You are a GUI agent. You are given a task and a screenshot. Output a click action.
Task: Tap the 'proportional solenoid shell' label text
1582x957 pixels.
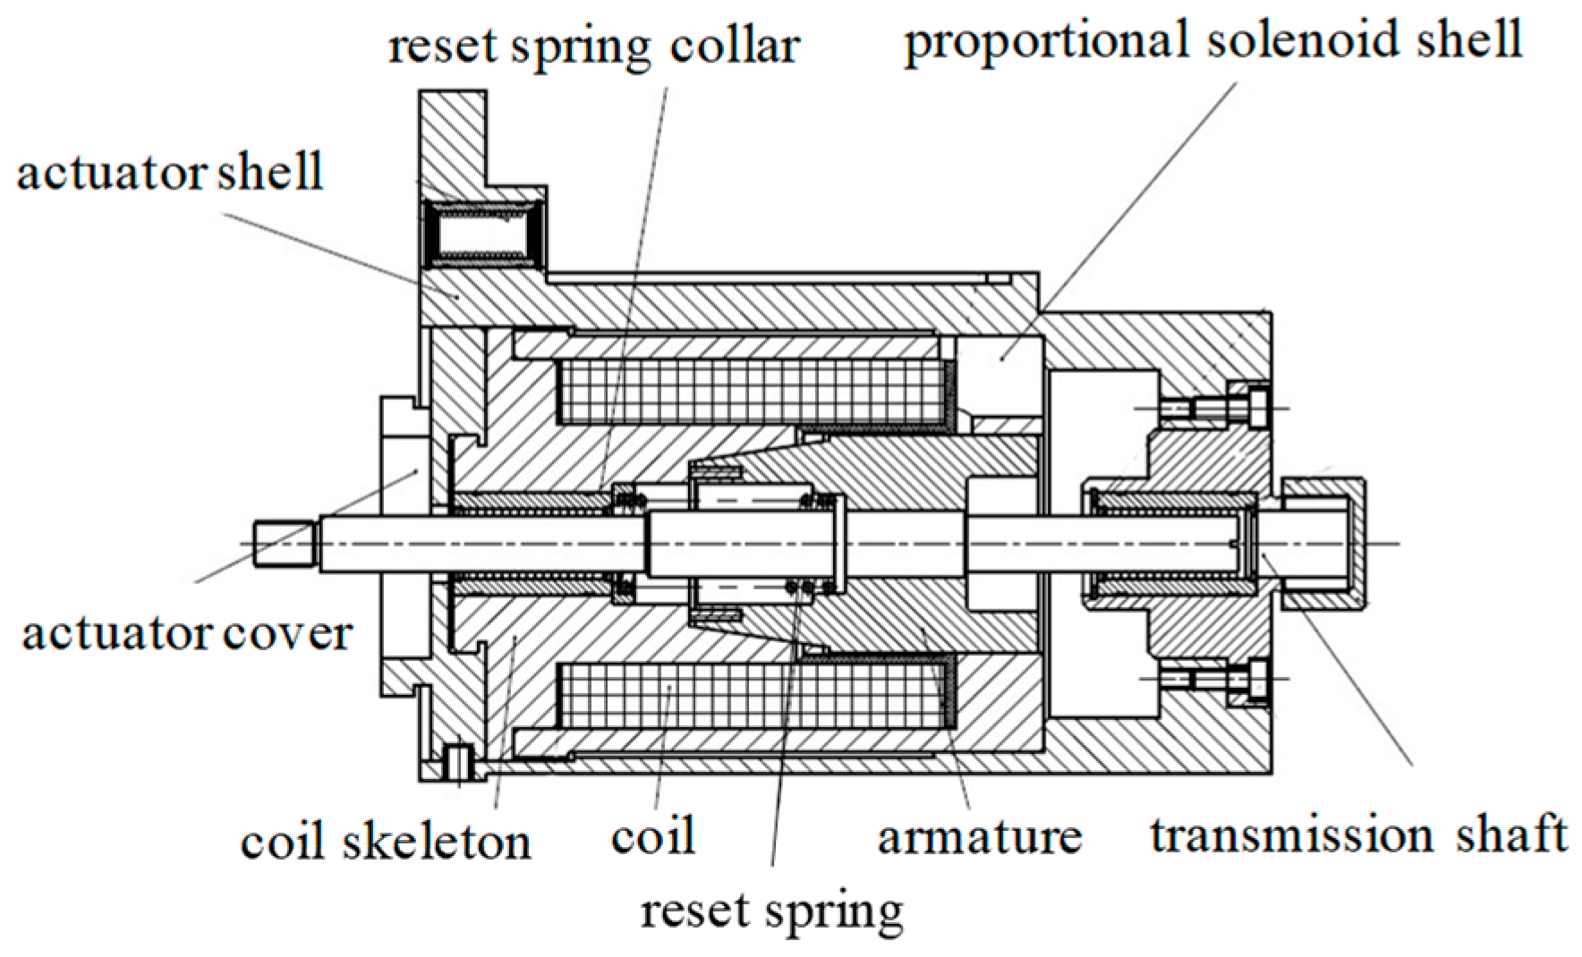point(1212,41)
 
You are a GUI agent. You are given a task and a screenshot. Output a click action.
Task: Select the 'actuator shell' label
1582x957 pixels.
point(170,172)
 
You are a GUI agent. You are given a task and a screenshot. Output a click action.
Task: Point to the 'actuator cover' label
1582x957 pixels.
point(187,633)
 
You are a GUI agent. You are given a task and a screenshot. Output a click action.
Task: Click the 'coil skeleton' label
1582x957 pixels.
point(386,843)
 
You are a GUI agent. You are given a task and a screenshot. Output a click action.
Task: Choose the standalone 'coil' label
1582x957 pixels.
point(652,836)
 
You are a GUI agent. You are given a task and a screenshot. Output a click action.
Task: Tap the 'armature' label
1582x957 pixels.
point(979,836)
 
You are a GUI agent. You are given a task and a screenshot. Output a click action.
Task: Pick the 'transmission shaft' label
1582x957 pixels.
point(1358,834)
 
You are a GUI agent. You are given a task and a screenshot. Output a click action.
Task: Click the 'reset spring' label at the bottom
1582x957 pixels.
point(771,911)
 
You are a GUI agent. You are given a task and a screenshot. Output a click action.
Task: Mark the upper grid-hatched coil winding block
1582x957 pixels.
point(752,392)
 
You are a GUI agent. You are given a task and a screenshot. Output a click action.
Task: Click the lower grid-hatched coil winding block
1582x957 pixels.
point(752,695)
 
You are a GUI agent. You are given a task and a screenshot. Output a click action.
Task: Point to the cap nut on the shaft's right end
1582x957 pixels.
point(1323,544)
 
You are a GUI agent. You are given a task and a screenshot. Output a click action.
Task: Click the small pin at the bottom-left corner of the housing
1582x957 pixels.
point(458,762)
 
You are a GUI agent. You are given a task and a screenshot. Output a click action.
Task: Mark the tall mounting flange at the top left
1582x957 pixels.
point(453,143)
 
